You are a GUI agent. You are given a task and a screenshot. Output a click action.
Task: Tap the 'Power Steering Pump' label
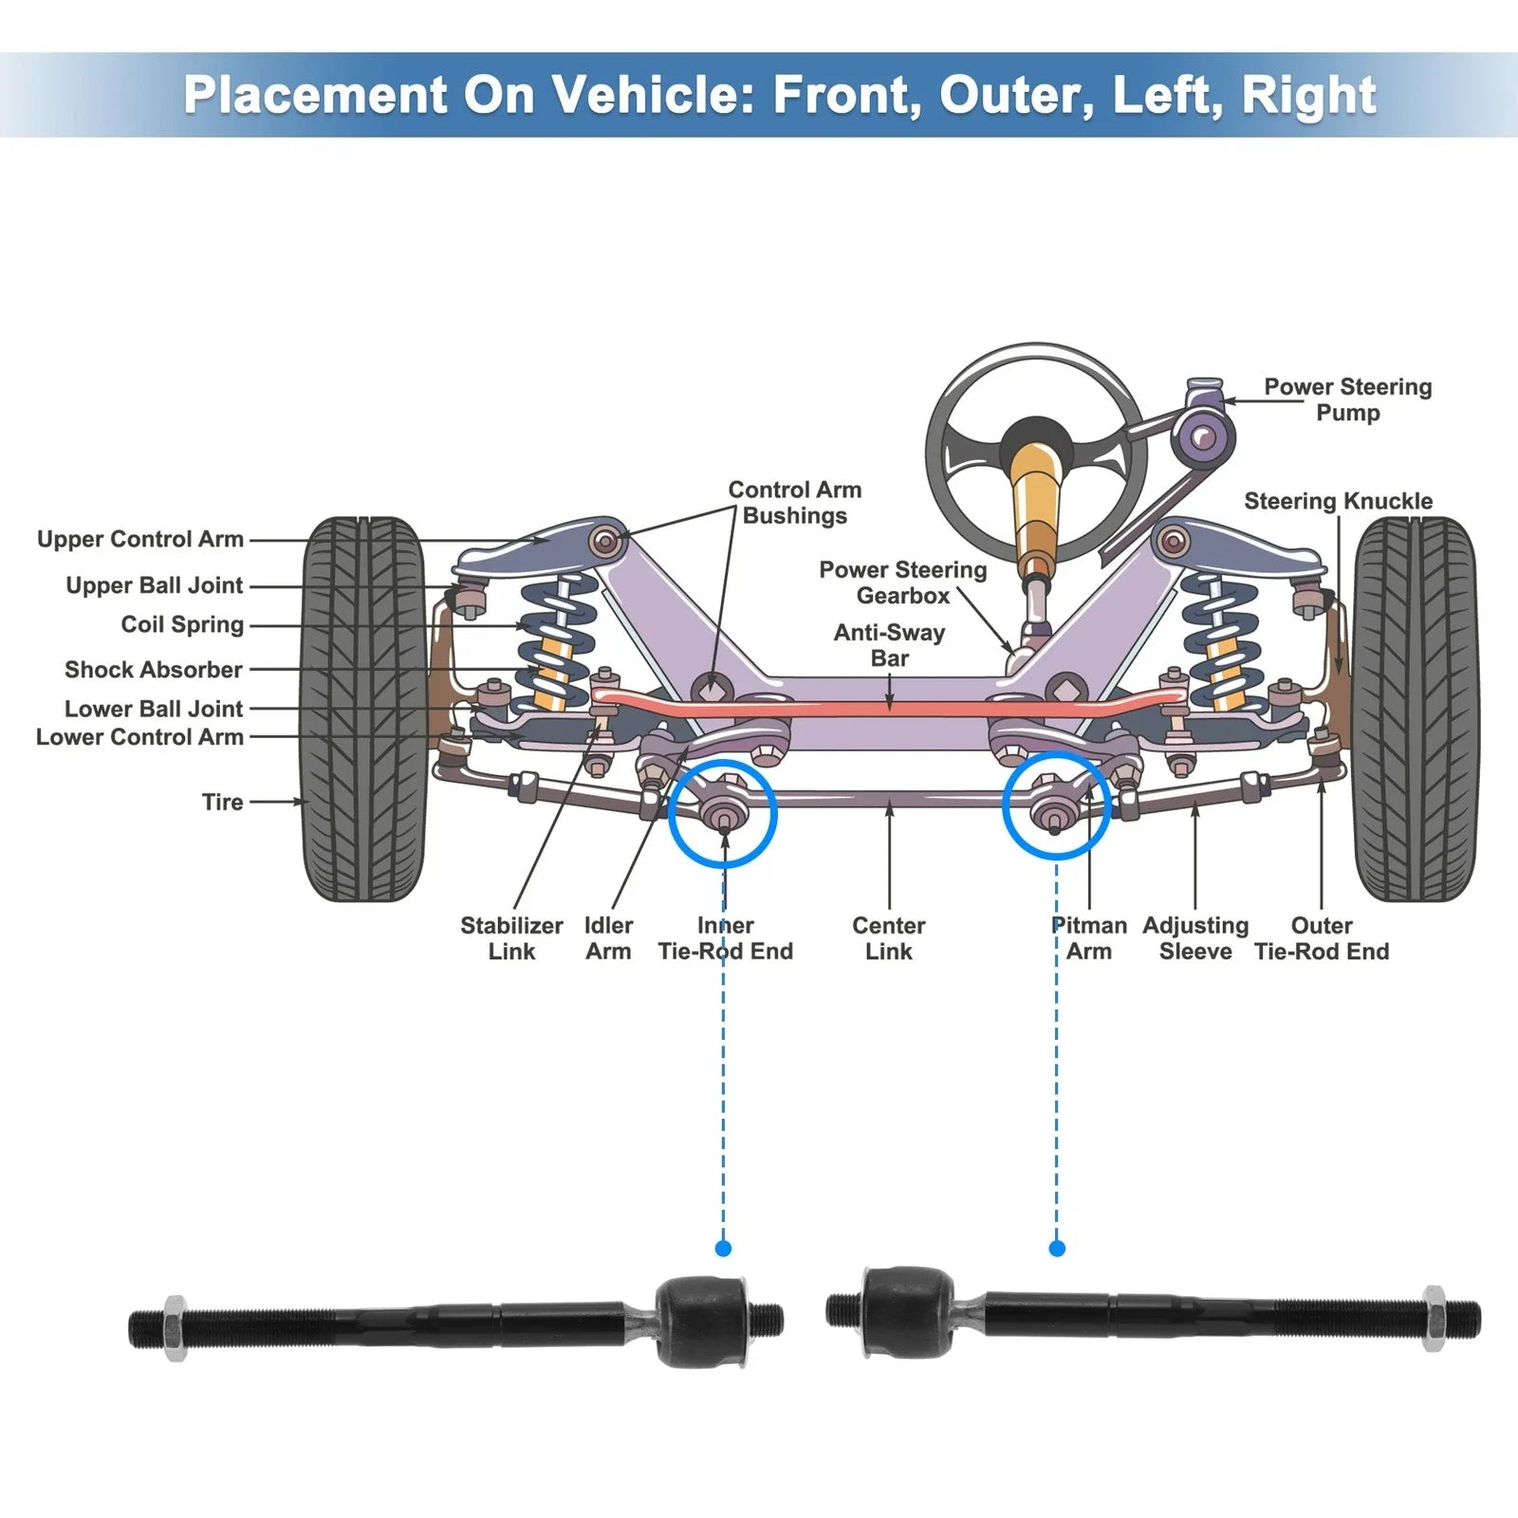[x=1347, y=399]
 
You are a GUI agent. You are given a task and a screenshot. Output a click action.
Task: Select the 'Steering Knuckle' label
[x=1338, y=501]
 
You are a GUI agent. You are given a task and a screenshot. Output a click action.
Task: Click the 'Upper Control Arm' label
[x=140, y=539]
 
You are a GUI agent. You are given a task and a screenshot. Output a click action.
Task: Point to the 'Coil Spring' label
[x=182, y=624]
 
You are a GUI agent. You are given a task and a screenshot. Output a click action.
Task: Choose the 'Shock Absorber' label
[x=154, y=670]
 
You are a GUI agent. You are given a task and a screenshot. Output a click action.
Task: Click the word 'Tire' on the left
[x=222, y=802]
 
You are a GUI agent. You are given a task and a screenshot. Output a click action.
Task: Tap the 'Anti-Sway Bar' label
[x=889, y=645]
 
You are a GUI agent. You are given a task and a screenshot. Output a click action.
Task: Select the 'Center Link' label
[x=888, y=938]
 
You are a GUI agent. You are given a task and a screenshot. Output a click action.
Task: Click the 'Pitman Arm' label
[x=1089, y=938]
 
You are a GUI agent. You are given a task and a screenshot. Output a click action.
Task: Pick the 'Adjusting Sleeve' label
[x=1195, y=938]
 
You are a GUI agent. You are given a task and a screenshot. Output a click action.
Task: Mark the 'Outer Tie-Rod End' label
[x=1321, y=938]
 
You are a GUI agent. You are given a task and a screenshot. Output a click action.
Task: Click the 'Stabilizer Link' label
[x=511, y=938]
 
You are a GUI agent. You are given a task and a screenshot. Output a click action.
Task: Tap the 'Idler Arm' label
[x=608, y=938]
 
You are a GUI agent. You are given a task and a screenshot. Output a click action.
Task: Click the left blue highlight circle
[x=723, y=813]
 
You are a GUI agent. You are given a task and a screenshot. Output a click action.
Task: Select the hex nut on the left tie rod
[x=175, y=1327]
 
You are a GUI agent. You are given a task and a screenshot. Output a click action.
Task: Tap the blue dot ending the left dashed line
[x=723, y=1249]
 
